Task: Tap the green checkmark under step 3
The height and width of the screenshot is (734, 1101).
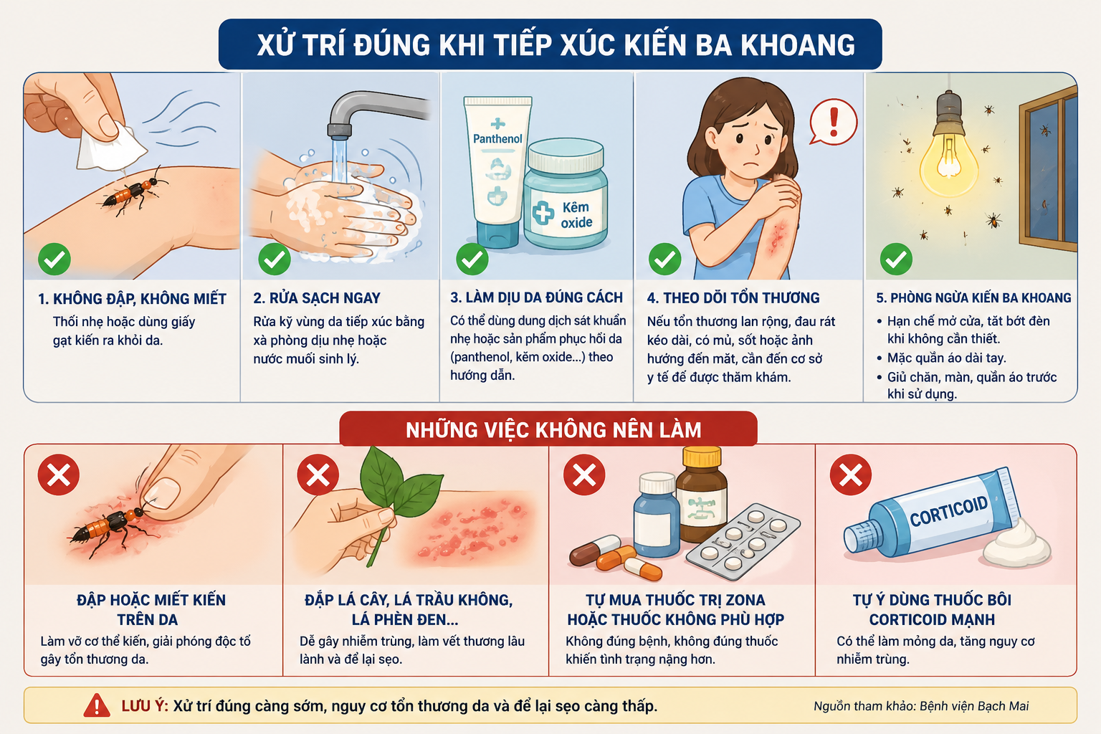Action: tap(472, 259)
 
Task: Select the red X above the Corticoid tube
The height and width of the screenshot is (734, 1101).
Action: tap(851, 475)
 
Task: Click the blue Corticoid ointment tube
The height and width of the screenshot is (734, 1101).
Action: tap(929, 514)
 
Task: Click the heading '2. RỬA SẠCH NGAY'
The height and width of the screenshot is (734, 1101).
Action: tap(317, 298)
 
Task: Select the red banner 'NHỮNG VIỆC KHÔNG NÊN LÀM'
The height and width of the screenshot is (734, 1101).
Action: tap(548, 429)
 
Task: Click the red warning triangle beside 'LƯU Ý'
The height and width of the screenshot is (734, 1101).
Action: tap(97, 705)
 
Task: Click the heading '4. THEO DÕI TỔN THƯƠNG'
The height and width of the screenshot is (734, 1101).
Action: tap(733, 298)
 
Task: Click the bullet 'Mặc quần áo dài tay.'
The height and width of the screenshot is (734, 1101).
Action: tap(946, 358)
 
